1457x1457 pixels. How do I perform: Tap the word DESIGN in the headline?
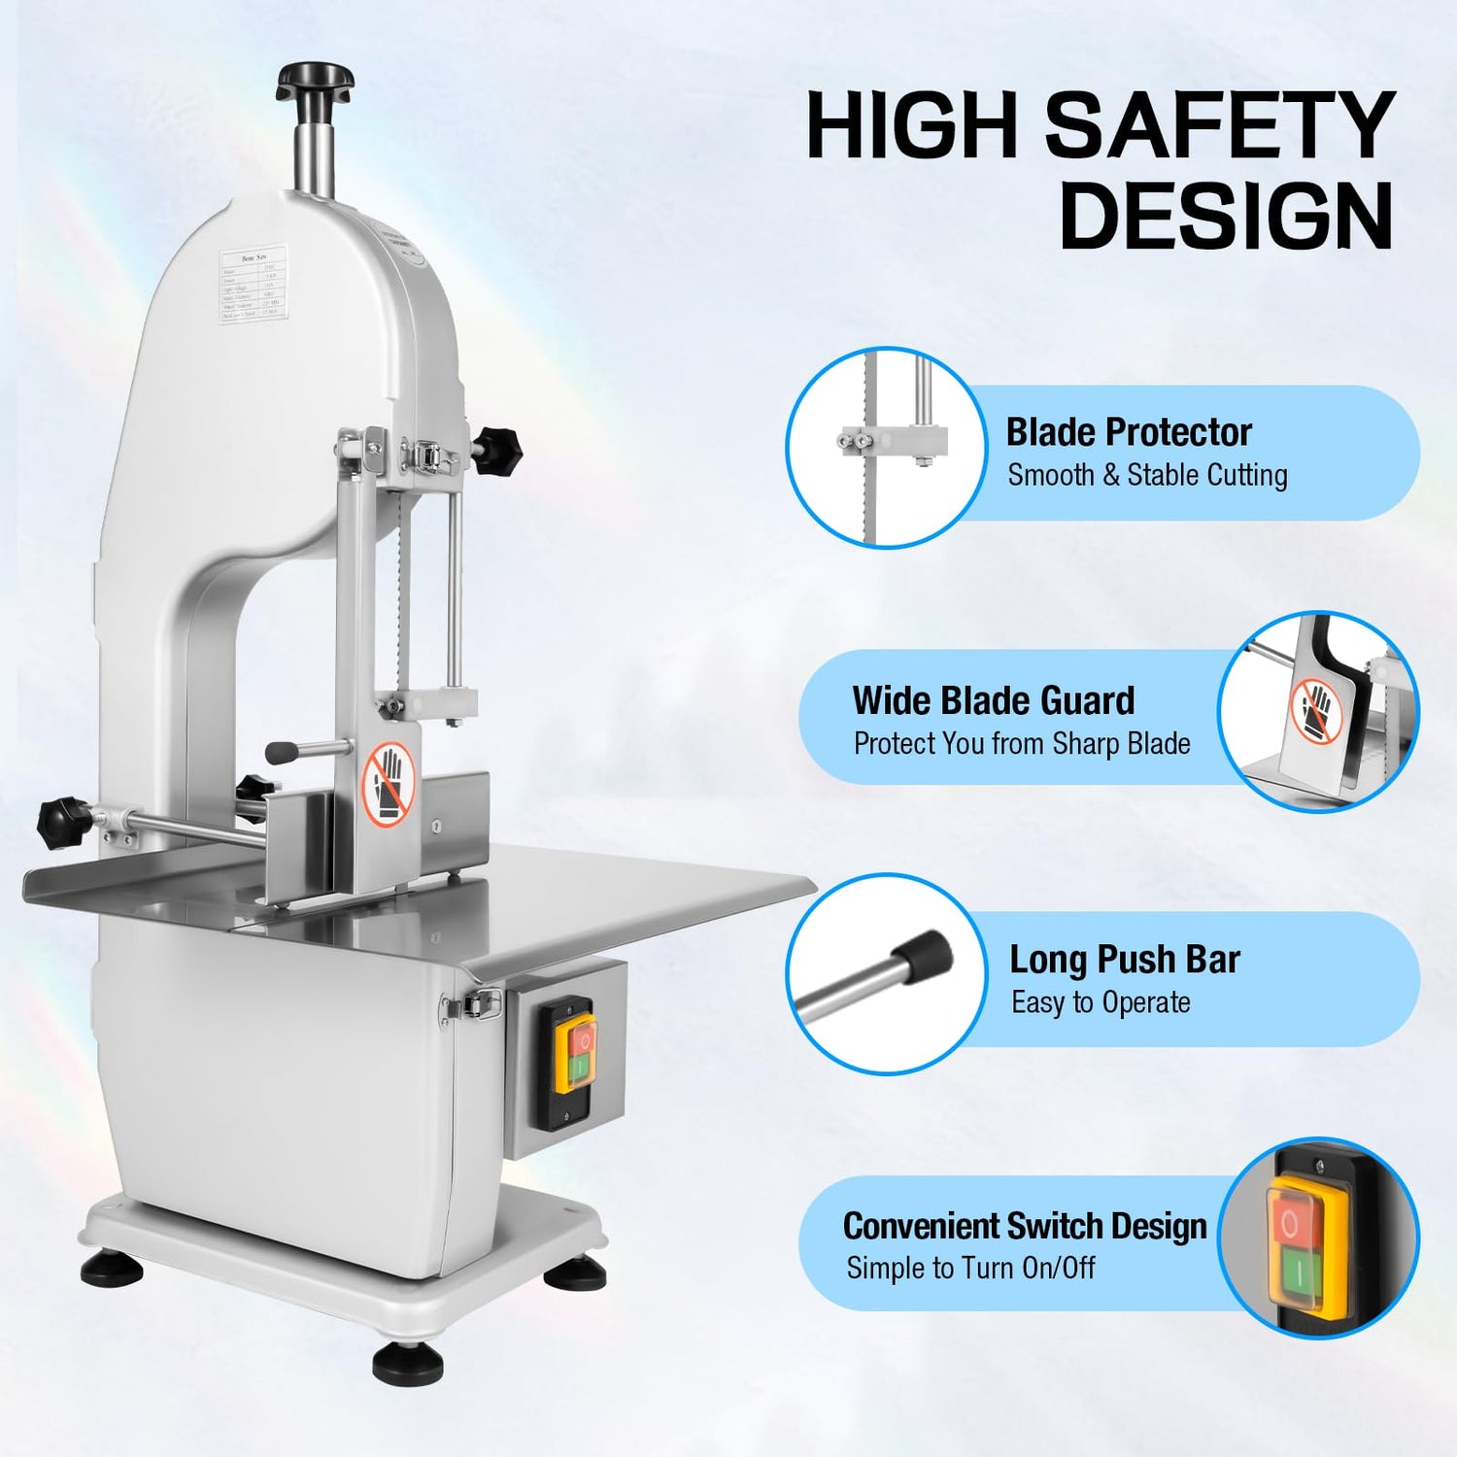pyautogui.click(x=1226, y=216)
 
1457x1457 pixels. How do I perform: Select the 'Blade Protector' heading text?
pyautogui.click(x=1128, y=431)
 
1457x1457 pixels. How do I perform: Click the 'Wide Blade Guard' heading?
pyautogui.click(x=993, y=700)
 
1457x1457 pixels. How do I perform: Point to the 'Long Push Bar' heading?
pyautogui.click(x=1124, y=959)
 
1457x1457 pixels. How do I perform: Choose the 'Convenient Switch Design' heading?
pyautogui.click(x=1024, y=1226)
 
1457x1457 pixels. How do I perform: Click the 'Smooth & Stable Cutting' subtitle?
pyautogui.click(x=1147, y=475)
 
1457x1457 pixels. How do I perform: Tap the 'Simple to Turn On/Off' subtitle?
pyautogui.click(x=969, y=1268)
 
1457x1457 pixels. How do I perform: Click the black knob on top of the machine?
pyautogui.click(x=314, y=79)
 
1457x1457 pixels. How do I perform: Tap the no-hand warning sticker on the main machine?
pyautogui.click(x=390, y=784)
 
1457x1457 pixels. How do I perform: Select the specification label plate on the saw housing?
pyautogui.click(x=252, y=284)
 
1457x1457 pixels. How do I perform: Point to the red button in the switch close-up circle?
pyautogui.click(x=1289, y=1223)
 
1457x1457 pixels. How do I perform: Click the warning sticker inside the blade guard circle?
pyautogui.click(x=1316, y=710)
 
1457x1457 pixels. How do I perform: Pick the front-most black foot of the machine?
pyautogui.click(x=408, y=1363)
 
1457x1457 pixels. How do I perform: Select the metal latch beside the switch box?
pyautogui.click(x=473, y=1004)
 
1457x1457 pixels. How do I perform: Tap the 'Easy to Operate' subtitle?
pyautogui.click(x=1101, y=1002)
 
